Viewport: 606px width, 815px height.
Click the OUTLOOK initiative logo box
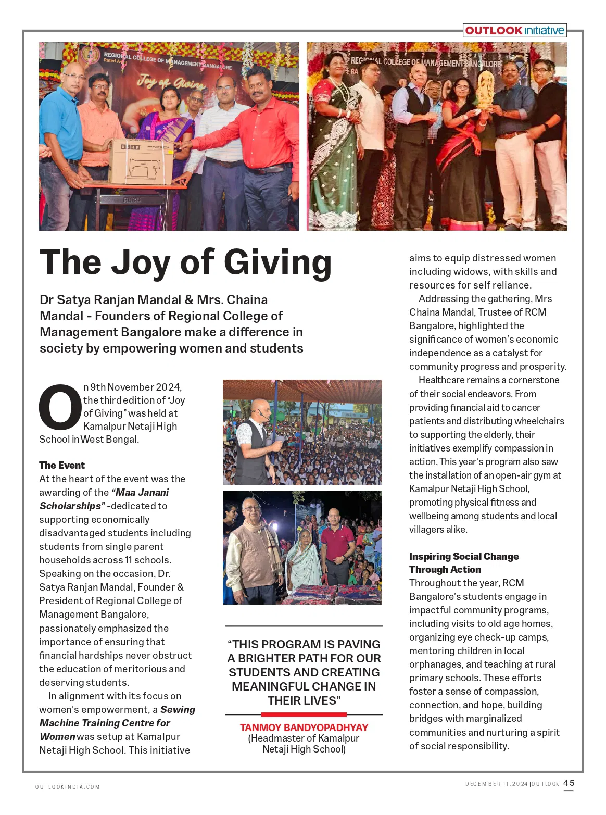(x=514, y=31)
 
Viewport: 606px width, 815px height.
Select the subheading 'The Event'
(x=61, y=465)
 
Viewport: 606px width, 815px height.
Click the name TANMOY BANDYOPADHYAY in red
(x=304, y=728)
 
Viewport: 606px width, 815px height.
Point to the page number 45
(x=569, y=783)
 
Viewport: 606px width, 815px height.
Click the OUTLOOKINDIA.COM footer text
(x=67, y=787)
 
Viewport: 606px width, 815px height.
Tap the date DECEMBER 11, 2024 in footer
(x=496, y=784)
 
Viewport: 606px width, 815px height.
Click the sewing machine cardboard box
(x=141, y=161)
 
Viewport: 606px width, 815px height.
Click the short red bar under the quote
(x=304, y=714)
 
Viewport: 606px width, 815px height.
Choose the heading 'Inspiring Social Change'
(x=463, y=556)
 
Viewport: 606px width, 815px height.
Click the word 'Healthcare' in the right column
(x=443, y=380)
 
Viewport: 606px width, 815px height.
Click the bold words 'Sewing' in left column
(x=178, y=709)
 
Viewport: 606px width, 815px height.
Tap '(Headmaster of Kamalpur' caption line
(x=304, y=738)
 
